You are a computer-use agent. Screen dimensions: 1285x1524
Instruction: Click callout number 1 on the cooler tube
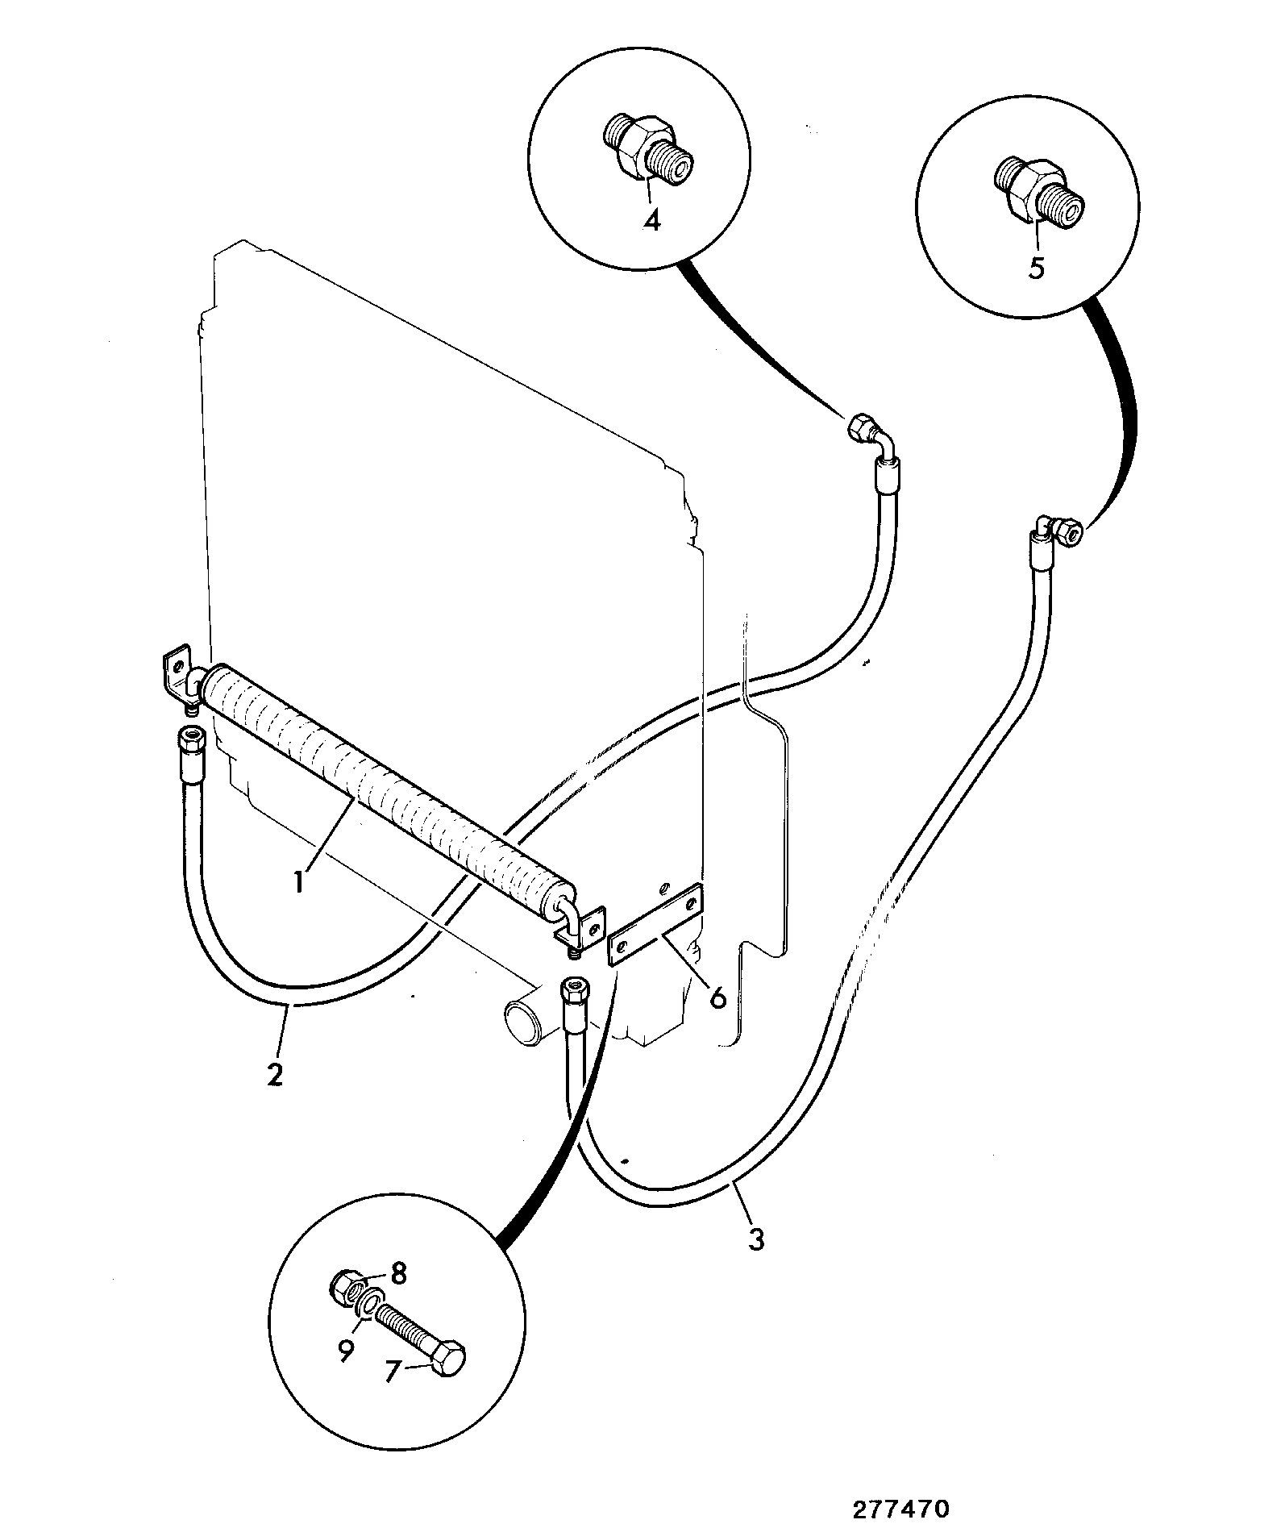tap(299, 881)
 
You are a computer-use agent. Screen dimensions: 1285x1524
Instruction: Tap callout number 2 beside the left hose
tap(275, 1073)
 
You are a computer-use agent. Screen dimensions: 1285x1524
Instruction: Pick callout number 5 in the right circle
tap(1037, 268)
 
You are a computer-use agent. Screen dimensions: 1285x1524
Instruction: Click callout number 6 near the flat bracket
tap(717, 997)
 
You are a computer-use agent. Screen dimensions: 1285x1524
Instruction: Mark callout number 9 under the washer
tap(346, 1351)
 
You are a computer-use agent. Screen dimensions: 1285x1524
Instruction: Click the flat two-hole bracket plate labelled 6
tap(656, 924)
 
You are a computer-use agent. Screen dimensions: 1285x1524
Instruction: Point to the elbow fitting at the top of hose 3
tap(1056, 529)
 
